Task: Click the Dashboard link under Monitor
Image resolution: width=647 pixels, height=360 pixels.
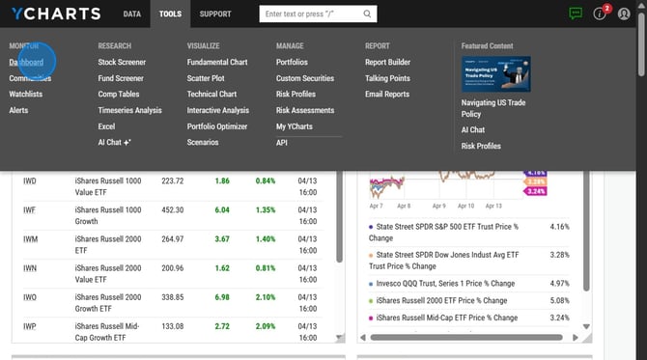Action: coord(27,62)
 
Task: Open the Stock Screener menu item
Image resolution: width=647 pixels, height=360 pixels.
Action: coord(122,62)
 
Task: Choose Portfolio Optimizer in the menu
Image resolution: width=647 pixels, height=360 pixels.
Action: coord(217,126)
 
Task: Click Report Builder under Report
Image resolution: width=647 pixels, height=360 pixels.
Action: coord(387,62)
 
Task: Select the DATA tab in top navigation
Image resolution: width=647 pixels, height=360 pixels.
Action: coord(132,14)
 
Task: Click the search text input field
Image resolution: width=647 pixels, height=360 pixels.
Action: coord(310,14)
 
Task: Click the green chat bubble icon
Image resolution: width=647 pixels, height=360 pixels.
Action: coord(576,14)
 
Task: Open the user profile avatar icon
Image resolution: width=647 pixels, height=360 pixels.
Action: coord(625,14)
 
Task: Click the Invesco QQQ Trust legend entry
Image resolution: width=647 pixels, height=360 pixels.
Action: coord(441,284)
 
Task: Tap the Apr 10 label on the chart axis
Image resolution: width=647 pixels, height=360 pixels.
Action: coord(466,206)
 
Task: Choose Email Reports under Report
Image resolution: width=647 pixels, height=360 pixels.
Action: coord(387,94)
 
